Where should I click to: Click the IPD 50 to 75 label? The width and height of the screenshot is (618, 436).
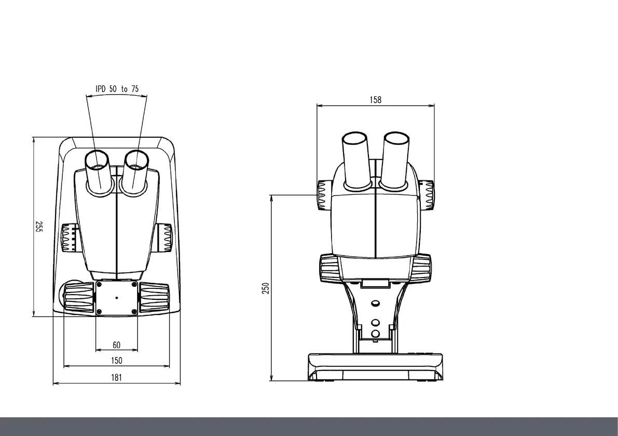[x=117, y=89]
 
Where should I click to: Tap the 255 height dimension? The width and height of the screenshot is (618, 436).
[x=39, y=227]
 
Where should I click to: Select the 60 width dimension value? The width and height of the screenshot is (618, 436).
[x=117, y=345]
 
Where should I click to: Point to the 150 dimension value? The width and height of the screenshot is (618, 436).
[x=117, y=360]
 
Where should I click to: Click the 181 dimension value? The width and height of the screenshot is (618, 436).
[x=117, y=378]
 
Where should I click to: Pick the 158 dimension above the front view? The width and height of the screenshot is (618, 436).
[x=376, y=100]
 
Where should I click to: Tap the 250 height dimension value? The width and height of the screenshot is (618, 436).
[x=266, y=288]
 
